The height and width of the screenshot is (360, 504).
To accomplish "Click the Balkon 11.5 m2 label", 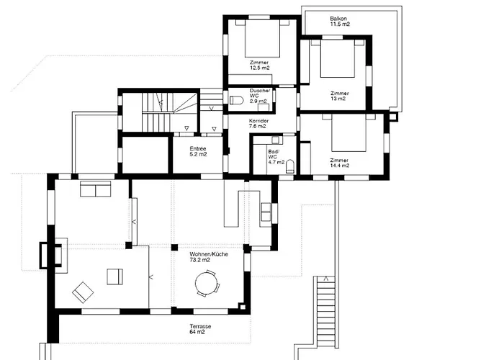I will (340, 21).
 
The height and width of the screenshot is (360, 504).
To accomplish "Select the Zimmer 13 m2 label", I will (340, 96).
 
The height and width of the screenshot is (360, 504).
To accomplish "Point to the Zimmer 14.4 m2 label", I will (340, 163).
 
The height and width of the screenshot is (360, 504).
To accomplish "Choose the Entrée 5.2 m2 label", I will (198, 151).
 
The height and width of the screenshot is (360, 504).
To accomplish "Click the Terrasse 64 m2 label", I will (201, 329).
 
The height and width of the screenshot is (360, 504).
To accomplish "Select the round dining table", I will (209, 284).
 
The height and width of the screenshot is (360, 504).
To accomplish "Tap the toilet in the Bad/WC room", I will (290, 167).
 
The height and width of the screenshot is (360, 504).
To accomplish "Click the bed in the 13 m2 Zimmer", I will (338, 58).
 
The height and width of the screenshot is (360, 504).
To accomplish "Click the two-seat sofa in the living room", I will (95, 189).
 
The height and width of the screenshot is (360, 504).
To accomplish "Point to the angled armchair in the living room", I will (83, 292).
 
